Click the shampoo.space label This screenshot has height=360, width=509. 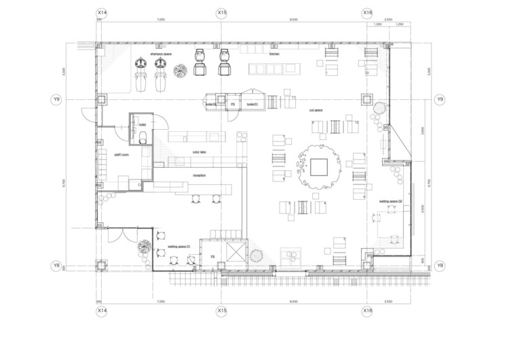160,52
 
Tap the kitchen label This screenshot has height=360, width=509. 274,53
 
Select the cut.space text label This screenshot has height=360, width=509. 316,109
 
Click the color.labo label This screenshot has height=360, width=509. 200,152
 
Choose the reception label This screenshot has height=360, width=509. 199,175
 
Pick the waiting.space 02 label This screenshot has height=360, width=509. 391,202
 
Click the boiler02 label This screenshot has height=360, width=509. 211,104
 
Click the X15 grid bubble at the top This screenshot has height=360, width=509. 221,12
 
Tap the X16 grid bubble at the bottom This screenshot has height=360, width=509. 366,310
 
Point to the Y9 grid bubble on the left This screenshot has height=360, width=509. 56,100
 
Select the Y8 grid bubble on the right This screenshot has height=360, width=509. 440,265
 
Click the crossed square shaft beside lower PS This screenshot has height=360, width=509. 235,254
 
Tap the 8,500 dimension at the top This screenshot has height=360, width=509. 293,20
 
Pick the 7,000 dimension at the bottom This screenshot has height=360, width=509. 161,301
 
